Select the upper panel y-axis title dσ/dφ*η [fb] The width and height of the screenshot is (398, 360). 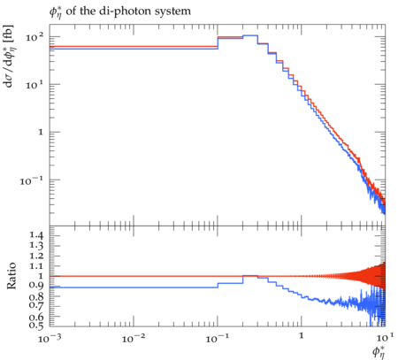[9, 57]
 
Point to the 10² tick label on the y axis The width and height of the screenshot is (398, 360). [34, 36]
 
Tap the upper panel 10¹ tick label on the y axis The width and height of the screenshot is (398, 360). [34, 84]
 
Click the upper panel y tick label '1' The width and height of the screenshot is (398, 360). [41, 132]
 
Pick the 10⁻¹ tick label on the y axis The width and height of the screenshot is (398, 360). [32, 180]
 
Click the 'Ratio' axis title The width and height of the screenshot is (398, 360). [11, 276]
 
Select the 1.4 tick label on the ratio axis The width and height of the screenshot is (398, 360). [36, 235]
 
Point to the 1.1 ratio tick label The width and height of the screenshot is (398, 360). [36, 266]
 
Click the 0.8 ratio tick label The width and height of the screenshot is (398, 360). [36, 295]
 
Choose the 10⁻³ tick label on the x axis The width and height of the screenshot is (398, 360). [50, 338]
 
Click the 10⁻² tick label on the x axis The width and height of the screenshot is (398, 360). [134, 338]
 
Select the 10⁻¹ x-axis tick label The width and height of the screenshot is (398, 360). [218, 338]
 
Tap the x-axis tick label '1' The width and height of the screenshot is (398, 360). [302, 336]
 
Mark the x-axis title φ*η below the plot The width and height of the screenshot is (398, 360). [379, 352]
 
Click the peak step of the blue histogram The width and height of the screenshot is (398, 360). [250, 35]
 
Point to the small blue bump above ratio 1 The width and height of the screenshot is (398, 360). [250, 275]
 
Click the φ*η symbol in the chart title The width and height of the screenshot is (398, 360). [56, 12]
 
